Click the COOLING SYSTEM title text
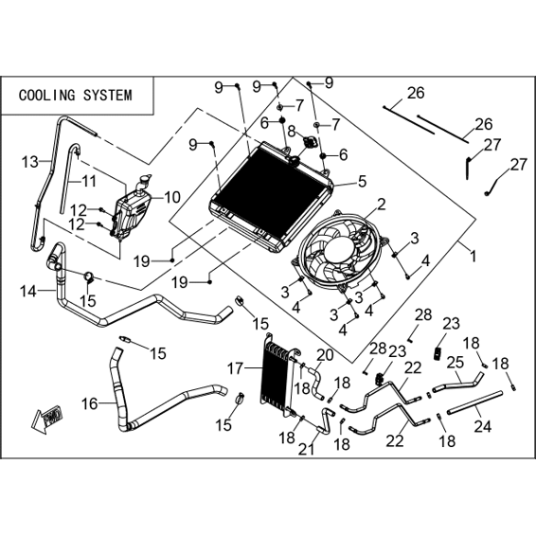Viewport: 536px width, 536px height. click(x=75, y=95)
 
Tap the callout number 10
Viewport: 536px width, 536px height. click(x=171, y=197)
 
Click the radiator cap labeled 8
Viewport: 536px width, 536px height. click(x=310, y=141)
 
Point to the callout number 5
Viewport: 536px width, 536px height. click(x=362, y=181)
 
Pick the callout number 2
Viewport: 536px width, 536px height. click(x=381, y=205)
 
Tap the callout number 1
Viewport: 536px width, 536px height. click(x=473, y=256)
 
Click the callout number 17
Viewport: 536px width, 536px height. click(x=236, y=368)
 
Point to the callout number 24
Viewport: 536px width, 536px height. click(x=483, y=426)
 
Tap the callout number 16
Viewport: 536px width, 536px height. click(x=90, y=403)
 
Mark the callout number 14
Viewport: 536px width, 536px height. click(x=27, y=292)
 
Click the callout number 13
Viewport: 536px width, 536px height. click(x=29, y=162)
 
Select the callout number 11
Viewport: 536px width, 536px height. click(x=89, y=182)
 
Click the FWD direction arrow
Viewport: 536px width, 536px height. click(x=46, y=418)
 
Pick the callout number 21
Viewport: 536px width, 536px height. click(x=306, y=450)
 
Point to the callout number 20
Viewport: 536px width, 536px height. click(x=325, y=355)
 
